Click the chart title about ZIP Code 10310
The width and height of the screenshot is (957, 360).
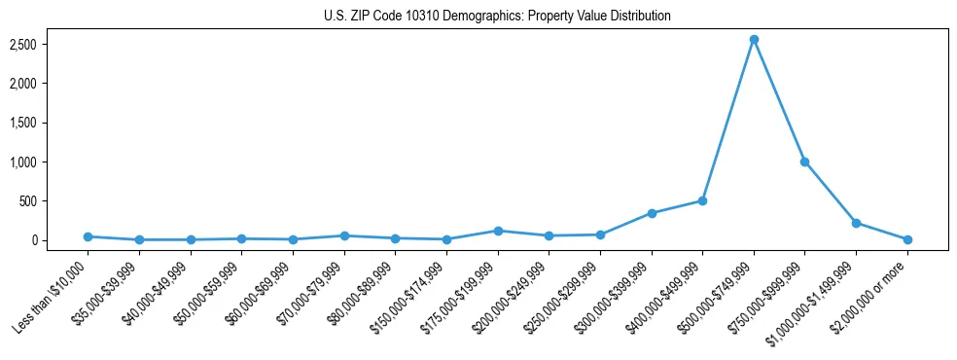click(497, 17)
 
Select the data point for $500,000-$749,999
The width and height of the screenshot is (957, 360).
click(754, 40)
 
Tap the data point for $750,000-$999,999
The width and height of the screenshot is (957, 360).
click(804, 162)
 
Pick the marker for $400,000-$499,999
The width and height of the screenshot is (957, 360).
click(702, 201)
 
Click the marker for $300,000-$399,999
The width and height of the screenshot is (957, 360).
click(652, 213)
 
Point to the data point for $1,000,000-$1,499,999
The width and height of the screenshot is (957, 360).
click(856, 223)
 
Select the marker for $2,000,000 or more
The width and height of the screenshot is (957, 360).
click(907, 239)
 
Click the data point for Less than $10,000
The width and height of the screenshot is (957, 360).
click(89, 236)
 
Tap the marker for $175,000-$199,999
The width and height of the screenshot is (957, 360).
click(498, 231)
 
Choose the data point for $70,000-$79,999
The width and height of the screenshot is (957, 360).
click(344, 235)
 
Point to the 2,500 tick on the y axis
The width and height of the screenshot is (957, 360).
click(50, 45)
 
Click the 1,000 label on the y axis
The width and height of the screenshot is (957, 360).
click(50, 162)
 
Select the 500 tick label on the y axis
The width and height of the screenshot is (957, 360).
click(54, 201)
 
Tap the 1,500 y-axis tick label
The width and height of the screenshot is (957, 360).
click(50, 124)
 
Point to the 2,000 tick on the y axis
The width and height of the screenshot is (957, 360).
click(50, 84)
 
